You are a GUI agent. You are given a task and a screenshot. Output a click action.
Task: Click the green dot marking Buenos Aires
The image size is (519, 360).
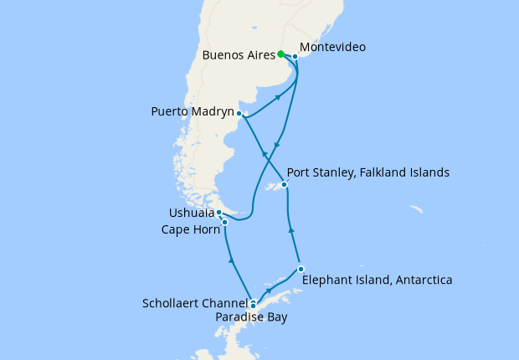[280, 54]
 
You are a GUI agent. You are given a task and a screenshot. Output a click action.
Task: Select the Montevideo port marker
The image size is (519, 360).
[295, 57]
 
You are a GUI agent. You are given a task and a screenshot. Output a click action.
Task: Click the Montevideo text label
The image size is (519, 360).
[331, 48]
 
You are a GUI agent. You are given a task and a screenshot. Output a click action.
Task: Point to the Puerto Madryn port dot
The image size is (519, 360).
[239, 113]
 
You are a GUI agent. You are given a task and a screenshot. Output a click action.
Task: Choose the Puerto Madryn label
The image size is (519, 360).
[193, 111]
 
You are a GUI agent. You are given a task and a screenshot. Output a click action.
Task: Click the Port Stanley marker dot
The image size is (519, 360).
[285, 184]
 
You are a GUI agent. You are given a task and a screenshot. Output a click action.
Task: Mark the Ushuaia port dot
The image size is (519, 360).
[218, 213]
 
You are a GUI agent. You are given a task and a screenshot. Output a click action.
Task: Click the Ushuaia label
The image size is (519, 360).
[191, 213]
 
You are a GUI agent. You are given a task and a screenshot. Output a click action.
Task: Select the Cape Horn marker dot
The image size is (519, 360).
[224, 222]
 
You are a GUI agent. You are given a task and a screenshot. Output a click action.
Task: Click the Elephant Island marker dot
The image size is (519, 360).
[300, 269]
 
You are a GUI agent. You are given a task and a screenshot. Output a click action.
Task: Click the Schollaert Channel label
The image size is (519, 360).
[196, 302]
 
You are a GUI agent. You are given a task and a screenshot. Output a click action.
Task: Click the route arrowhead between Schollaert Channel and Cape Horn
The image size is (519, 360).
[232, 262]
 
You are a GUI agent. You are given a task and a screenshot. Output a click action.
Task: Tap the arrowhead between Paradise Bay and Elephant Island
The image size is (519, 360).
[269, 292]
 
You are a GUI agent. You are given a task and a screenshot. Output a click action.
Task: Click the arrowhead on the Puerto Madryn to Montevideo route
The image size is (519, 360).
[276, 98]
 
